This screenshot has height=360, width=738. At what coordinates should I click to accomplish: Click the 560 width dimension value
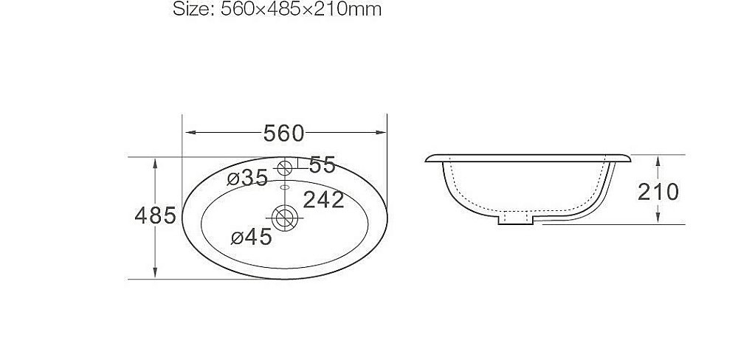(x=283, y=133)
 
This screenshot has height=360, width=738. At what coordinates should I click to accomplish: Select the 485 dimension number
(x=155, y=216)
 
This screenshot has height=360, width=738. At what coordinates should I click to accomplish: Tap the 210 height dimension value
(x=658, y=192)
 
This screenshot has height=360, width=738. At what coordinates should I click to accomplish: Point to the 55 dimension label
(x=322, y=165)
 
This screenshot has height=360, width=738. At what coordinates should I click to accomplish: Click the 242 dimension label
(x=323, y=199)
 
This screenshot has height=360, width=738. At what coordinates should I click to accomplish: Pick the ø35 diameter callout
(x=247, y=178)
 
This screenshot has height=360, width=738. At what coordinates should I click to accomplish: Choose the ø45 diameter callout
(x=251, y=237)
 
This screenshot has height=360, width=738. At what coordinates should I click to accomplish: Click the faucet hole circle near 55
(x=285, y=167)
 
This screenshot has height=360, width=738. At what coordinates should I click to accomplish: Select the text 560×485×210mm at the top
(x=300, y=10)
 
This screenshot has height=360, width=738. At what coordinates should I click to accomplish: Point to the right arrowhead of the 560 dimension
(x=383, y=133)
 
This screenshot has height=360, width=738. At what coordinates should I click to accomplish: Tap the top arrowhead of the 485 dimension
(x=155, y=162)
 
